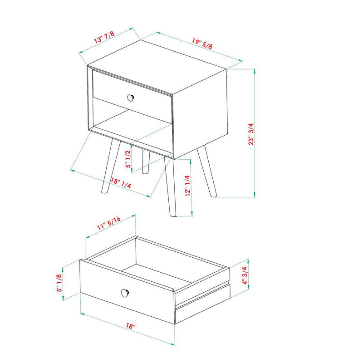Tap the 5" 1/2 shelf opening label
129,159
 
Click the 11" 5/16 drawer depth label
108,225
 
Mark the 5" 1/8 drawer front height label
59,283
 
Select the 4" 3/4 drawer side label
245,275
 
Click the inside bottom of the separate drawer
168,272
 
